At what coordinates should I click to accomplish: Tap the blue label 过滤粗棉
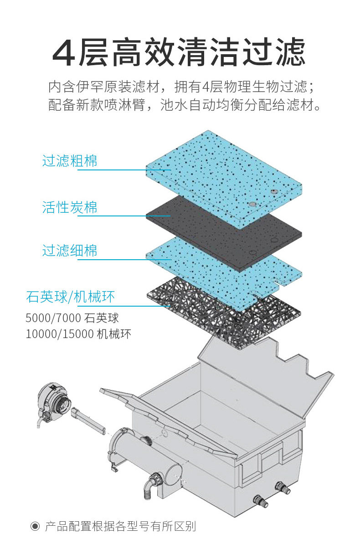(x=70, y=161)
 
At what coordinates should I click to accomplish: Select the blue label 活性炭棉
(x=70, y=207)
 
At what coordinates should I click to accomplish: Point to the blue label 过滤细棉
(x=70, y=251)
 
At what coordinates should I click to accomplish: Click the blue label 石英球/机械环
(x=71, y=297)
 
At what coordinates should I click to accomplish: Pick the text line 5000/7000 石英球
(x=72, y=318)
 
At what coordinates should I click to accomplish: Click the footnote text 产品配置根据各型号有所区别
(x=120, y=527)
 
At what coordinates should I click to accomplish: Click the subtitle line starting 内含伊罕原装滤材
(x=180, y=87)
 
